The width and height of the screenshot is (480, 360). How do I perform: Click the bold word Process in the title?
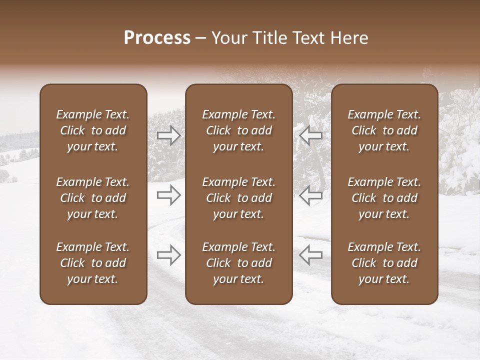tap(157, 38)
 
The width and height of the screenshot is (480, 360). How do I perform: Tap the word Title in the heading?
tap(268, 38)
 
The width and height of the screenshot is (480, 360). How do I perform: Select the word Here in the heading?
tap(348, 38)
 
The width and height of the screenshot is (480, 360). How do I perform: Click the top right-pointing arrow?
tap(168, 135)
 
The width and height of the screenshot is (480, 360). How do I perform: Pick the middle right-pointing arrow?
tap(168, 195)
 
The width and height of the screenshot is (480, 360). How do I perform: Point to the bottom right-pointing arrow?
tap(168, 254)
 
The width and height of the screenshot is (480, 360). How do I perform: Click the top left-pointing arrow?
tap(311, 135)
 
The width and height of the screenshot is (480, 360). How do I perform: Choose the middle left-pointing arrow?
tap(311, 195)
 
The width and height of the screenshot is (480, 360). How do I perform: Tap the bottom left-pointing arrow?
tap(311, 254)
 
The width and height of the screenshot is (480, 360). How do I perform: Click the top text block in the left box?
tap(93, 130)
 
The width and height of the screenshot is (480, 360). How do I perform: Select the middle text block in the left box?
tap(93, 198)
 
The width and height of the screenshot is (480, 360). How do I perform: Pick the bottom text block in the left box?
tap(93, 263)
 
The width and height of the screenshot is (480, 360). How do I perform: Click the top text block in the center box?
tap(238, 130)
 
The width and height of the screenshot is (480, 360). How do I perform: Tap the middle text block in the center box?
tap(238, 198)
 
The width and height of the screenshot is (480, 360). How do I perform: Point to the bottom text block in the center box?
tap(238, 263)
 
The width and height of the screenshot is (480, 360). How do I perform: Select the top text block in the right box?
tap(384, 130)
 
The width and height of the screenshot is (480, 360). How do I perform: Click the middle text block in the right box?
tap(384, 198)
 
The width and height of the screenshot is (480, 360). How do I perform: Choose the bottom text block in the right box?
tap(384, 263)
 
